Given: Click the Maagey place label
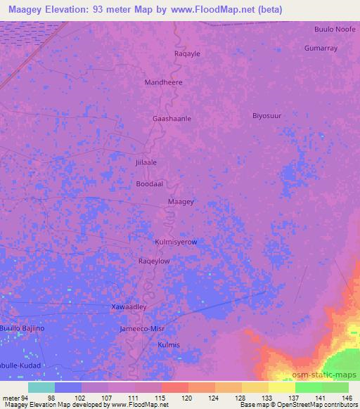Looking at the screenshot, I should point(181,202).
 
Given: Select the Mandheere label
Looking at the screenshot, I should point(163,82).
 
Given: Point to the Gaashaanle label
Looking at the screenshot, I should point(172,119).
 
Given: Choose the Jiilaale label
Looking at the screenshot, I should point(145,162).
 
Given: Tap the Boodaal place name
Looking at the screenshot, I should point(150,183).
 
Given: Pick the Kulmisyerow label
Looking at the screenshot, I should point(176,242).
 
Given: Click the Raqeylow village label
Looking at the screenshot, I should point(154,261).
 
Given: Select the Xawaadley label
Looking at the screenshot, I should point(129,308).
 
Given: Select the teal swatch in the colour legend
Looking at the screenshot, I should point(41,387).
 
